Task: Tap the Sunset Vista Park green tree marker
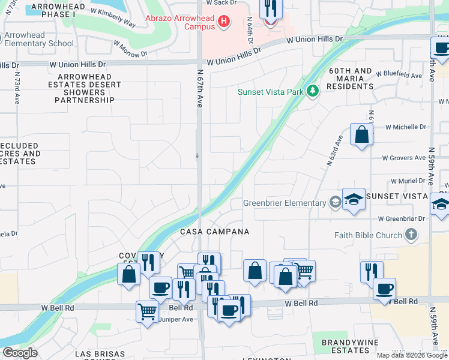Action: (x=312, y=91)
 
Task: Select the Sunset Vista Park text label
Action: (x=270, y=92)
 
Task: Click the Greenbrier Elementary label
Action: (x=284, y=203)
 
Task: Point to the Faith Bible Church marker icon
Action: (x=411, y=235)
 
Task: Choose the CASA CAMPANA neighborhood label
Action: (x=215, y=231)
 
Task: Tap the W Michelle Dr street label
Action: (x=405, y=127)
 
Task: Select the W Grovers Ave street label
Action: (x=405, y=158)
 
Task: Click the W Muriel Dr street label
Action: (x=408, y=181)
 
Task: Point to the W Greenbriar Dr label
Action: (x=401, y=219)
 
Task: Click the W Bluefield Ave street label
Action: (x=399, y=75)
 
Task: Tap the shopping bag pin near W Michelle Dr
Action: (x=361, y=136)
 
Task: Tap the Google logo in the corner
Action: (x=20, y=353)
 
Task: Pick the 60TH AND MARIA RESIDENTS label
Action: (x=350, y=79)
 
